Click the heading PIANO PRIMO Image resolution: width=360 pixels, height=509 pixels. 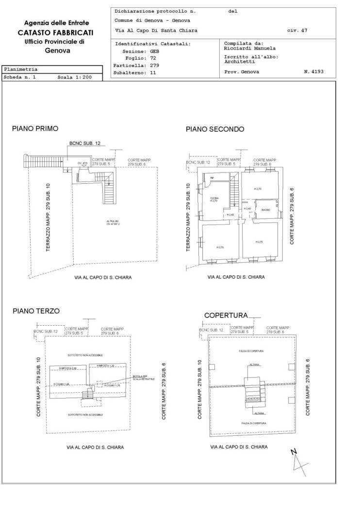(x=35, y=128)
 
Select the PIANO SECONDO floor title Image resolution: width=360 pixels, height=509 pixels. (x=215, y=129)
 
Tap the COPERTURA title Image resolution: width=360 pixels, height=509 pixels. (x=226, y=315)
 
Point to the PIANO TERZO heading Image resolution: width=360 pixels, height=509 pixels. (x=36, y=311)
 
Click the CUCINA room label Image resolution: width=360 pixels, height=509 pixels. (x=214, y=198)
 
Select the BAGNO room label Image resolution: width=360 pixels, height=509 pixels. (x=265, y=210)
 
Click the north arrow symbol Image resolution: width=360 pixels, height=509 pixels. (x=298, y=461)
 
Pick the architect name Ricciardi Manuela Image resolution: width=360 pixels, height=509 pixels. (x=249, y=48)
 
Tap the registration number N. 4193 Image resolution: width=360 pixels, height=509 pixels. (x=313, y=72)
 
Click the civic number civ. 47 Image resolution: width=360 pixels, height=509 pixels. (x=297, y=31)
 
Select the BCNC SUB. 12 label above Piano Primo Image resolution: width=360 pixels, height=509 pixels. (x=85, y=143)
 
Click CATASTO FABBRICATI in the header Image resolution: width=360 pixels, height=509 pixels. (x=56, y=32)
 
